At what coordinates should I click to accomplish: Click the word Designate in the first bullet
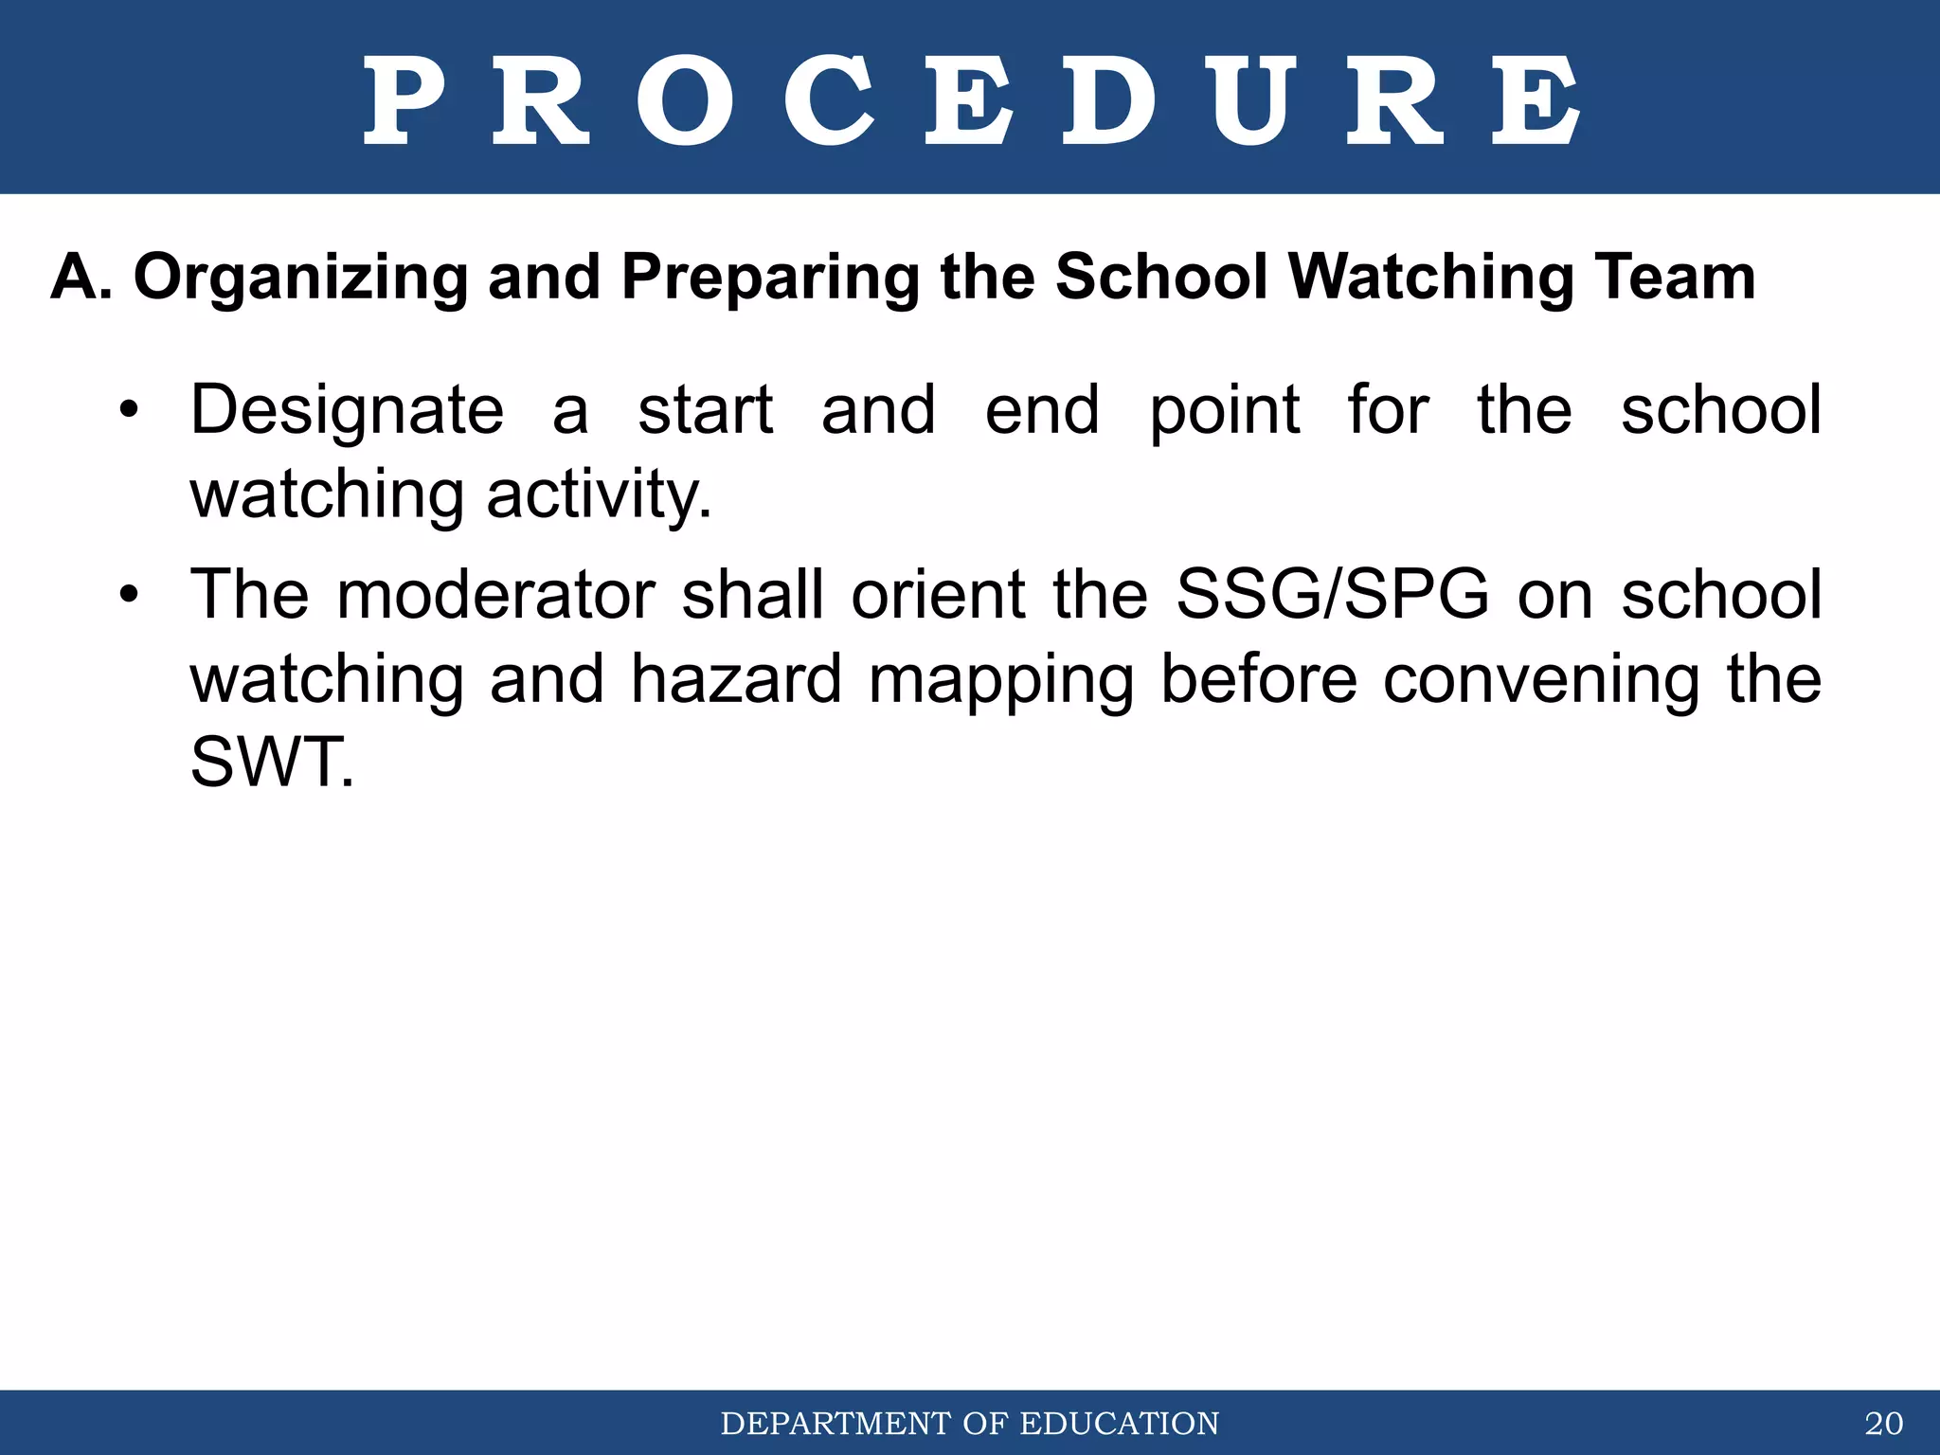point(347,411)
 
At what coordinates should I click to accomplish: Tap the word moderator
point(495,595)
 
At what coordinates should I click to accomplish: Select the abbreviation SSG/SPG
point(1332,595)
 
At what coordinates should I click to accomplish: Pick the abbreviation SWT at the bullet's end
point(271,763)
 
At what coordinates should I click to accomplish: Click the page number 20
point(1883,1424)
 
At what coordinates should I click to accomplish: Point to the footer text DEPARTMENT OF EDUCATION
point(970,1424)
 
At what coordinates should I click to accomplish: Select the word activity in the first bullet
point(599,494)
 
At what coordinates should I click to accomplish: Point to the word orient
point(938,595)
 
